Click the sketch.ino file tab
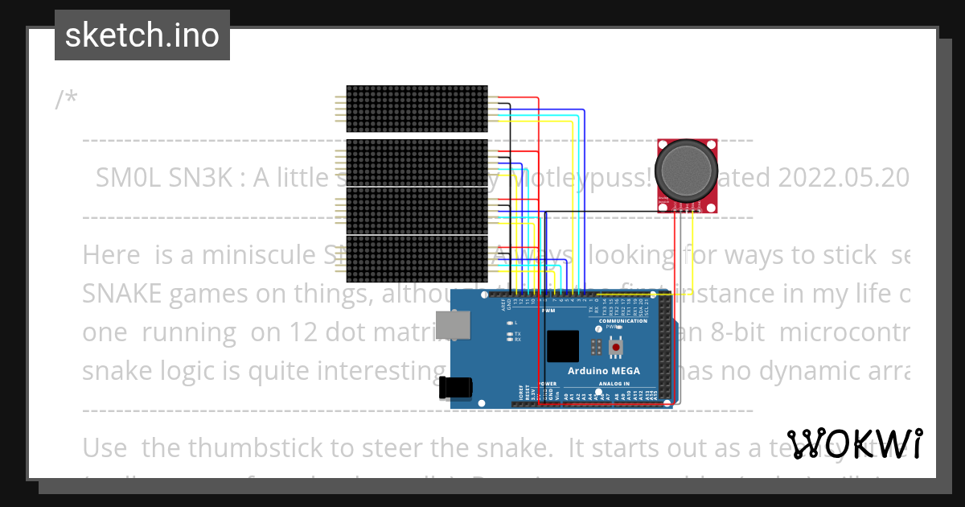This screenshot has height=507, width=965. click(x=142, y=35)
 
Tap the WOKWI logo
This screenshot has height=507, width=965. click(x=854, y=444)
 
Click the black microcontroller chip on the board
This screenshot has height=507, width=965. click(x=562, y=346)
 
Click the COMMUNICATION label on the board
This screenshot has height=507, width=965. click(x=623, y=321)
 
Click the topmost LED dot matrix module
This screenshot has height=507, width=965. click(x=417, y=109)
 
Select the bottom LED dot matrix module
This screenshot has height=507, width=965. click(x=417, y=258)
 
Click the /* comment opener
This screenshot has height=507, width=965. click(x=67, y=101)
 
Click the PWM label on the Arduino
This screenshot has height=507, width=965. click(x=549, y=311)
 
